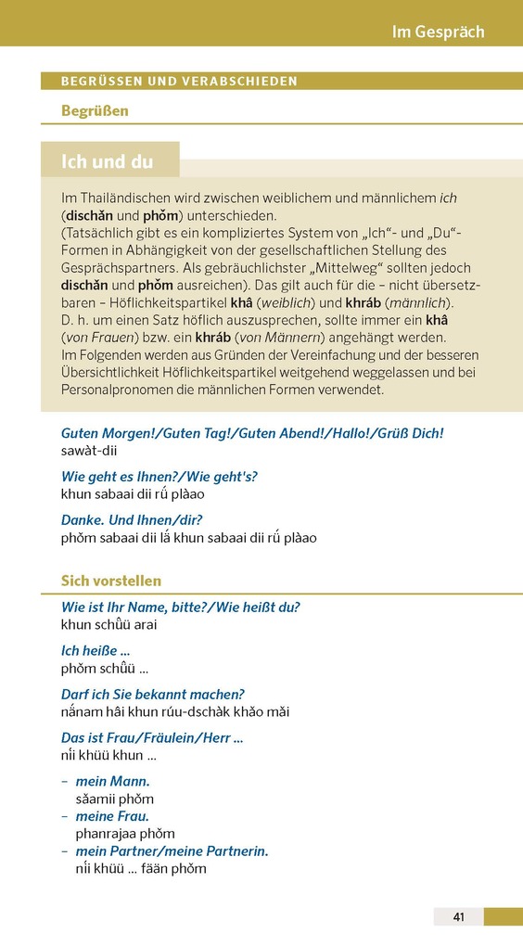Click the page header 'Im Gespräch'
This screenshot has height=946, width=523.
click(438, 32)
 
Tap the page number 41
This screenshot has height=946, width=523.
click(458, 917)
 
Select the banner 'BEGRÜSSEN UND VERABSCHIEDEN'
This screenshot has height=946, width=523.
click(179, 82)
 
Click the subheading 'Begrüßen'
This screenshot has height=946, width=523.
click(95, 111)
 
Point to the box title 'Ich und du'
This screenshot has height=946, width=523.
click(108, 161)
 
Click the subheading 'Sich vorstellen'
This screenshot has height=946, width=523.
click(111, 581)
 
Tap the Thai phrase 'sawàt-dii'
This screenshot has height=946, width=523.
click(89, 450)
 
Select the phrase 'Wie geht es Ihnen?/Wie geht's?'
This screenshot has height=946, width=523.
click(159, 477)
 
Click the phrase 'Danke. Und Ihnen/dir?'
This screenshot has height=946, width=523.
click(132, 520)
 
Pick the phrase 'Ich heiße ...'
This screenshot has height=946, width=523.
click(95, 650)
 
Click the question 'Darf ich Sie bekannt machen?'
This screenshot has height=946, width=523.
click(152, 695)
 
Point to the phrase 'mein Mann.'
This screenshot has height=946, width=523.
click(112, 781)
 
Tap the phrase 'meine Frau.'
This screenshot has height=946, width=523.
click(112, 816)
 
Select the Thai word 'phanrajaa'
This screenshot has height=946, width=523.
click(105, 834)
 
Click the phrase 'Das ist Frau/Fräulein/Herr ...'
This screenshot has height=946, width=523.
click(152, 738)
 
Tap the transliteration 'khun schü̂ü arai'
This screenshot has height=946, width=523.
click(108, 625)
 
